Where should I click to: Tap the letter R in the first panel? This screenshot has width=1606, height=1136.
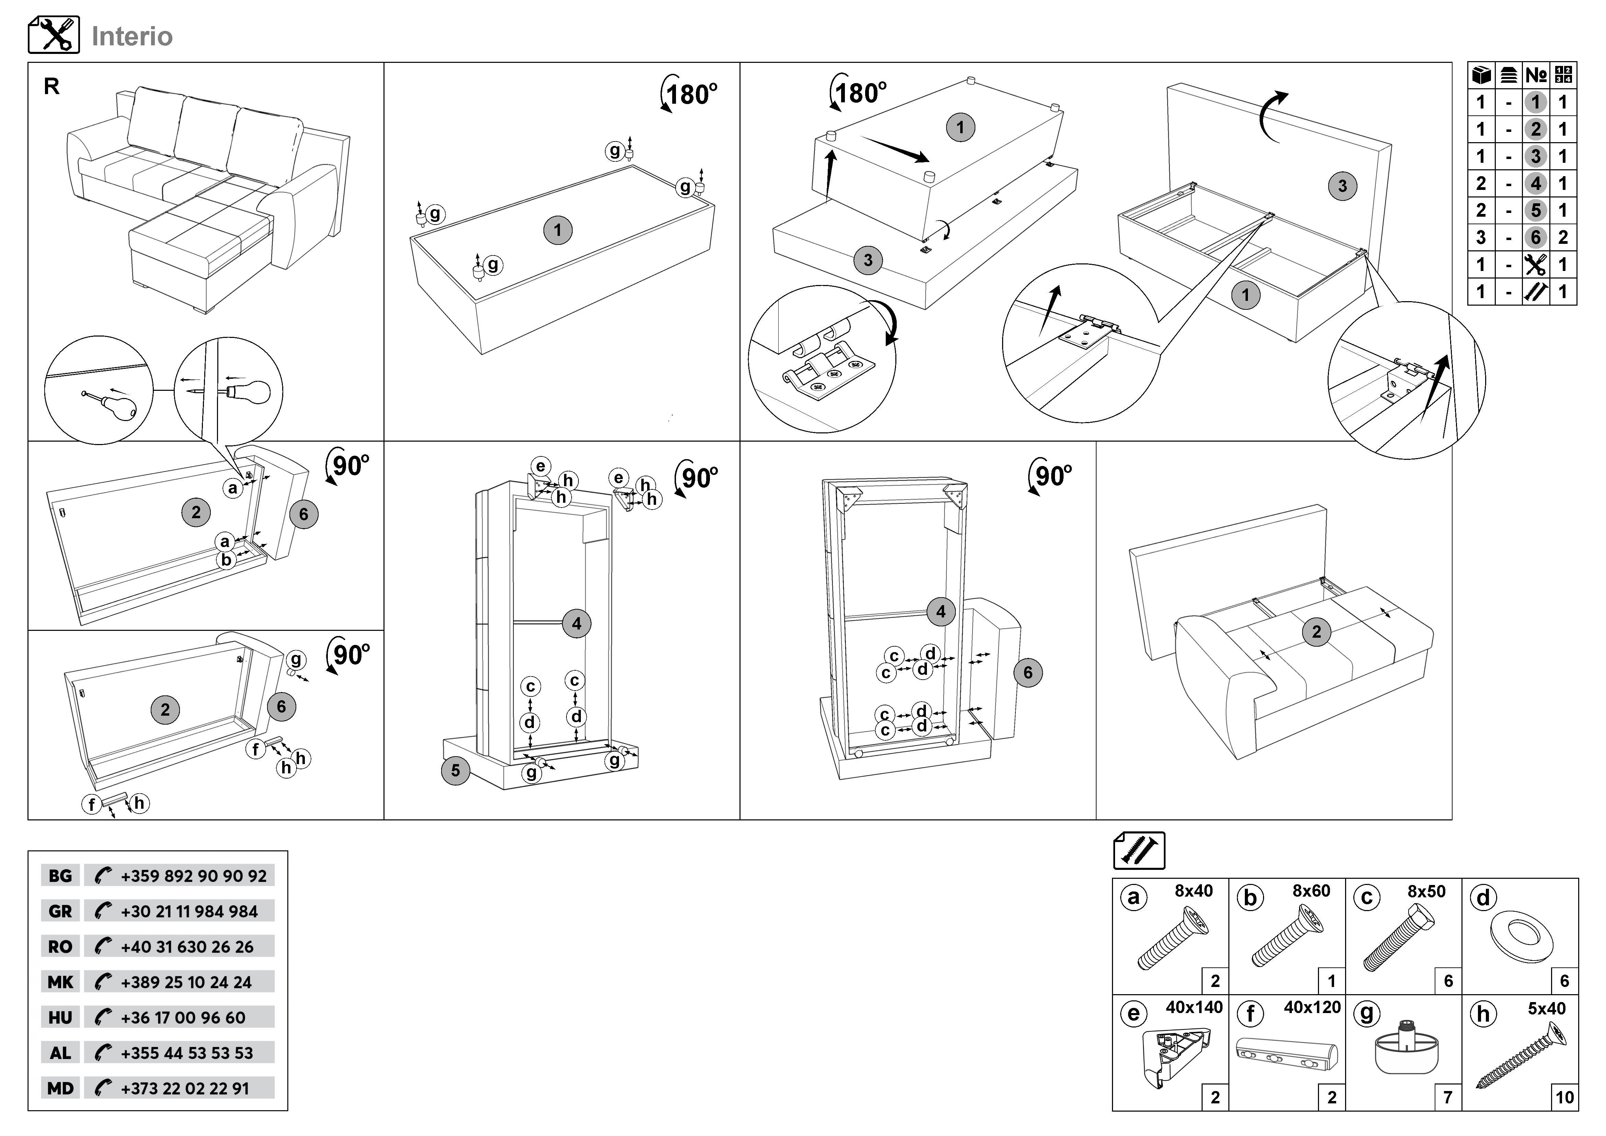point(52,86)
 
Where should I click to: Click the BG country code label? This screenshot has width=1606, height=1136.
point(60,876)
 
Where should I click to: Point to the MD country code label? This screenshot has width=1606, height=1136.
point(60,1088)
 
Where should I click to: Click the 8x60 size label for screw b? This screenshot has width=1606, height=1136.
point(1311,890)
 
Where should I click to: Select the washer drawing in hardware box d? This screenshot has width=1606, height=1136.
point(1522,936)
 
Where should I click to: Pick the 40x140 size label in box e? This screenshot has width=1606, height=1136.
point(1194,1007)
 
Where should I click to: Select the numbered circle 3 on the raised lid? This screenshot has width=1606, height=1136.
point(1342,186)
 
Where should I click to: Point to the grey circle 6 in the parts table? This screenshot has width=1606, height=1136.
point(1535,237)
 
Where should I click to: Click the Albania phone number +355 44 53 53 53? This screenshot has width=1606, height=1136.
point(187,1053)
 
